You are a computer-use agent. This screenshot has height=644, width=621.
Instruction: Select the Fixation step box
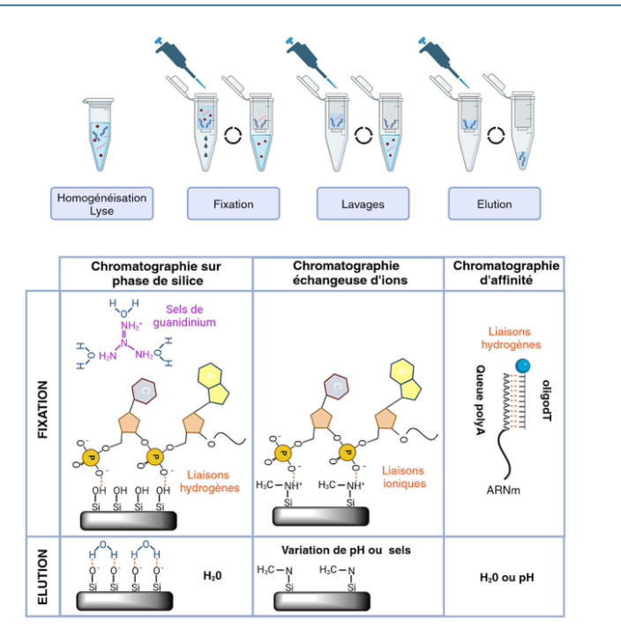(x=233, y=204)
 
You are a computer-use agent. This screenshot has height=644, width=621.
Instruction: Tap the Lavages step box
(x=363, y=204)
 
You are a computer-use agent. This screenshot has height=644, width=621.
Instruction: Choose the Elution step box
(x=494, y=204)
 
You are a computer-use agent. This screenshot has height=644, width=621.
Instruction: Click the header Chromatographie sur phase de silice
(x=155, y=273)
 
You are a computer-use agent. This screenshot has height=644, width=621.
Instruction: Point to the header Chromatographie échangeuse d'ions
(x=346, y=273)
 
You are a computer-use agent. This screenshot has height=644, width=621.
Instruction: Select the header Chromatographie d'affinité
(x=505, y=273)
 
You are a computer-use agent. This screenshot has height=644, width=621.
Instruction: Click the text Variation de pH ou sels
(x=346, y=550)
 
